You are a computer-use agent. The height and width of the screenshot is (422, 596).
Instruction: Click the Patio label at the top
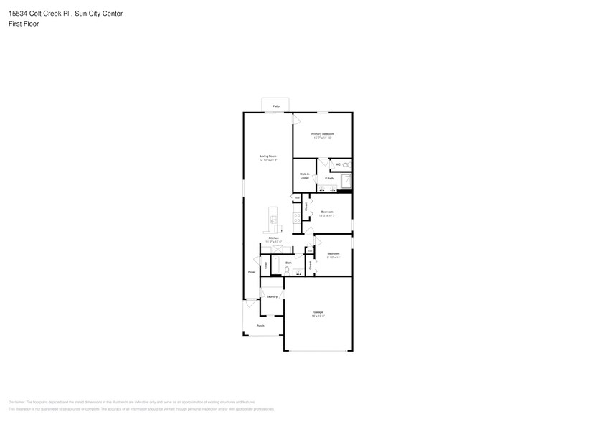pos(276,106)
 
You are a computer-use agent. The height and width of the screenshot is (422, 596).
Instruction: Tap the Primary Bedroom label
pos(323,134)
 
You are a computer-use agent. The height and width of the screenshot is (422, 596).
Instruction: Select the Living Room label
pos(268,156)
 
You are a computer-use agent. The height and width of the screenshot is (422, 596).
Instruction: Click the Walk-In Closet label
pos(304,176)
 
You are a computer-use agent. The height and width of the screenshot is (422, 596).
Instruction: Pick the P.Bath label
pos(329,178)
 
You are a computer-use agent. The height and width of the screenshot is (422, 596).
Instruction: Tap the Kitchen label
pos(273,238)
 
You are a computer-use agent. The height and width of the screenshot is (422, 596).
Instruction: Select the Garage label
pos(318,312)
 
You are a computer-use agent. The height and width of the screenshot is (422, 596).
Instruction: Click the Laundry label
pos(272,296)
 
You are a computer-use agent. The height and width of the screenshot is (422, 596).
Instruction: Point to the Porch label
pos(260,326)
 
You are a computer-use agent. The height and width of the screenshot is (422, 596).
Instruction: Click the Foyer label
pos(252,272)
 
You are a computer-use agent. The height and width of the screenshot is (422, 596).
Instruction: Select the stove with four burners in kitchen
pos(295,217)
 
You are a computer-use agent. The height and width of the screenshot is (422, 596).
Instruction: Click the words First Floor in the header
pos(24,24)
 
